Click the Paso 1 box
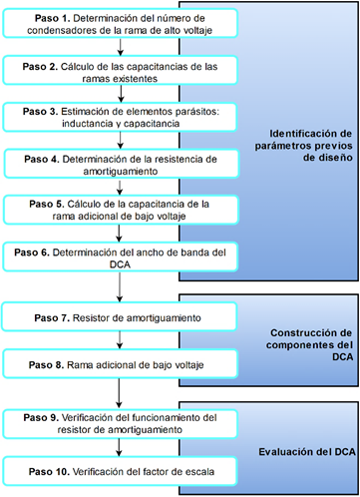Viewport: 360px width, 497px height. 120,23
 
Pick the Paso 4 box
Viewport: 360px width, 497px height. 120,164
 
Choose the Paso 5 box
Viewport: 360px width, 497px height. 120,211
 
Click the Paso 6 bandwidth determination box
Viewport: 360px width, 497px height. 120,257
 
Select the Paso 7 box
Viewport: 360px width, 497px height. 120,317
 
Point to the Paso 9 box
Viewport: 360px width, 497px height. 120,424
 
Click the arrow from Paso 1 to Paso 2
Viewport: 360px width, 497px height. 120,46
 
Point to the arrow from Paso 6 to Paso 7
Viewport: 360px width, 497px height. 120,287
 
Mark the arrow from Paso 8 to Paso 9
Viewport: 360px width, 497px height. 120,395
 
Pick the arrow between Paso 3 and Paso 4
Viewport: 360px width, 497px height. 120,140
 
